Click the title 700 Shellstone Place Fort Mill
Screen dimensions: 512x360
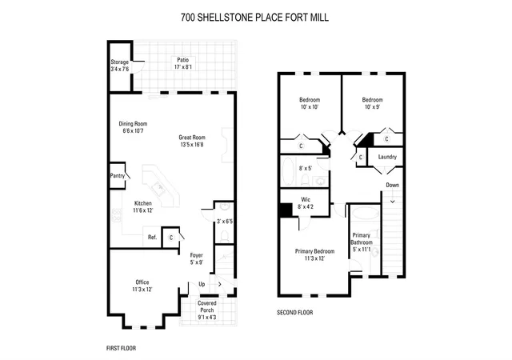point(254,18)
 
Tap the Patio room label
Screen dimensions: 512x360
point(183,60)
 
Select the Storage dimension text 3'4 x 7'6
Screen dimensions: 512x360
point(119,69)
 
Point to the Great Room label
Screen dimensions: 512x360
point(192,138)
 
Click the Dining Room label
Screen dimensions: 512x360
point(133,123)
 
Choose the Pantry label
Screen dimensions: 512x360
point(118,175)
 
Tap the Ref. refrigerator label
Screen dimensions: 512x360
point(153,237)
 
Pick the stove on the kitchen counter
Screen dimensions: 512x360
point(117,215)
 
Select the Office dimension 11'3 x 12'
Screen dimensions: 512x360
point(142,289)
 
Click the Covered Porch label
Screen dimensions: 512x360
point(207,306)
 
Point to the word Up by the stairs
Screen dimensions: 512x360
point(202,284)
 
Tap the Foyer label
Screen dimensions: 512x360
point(197,255)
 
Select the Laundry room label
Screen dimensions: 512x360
point(387,157)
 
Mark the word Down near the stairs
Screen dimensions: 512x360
point(393,185)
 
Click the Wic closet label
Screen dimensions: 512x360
point(306,199)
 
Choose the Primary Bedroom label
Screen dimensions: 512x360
point(314,251)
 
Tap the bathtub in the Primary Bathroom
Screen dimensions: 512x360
point(365,213)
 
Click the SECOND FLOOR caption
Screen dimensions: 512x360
point(295,313)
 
